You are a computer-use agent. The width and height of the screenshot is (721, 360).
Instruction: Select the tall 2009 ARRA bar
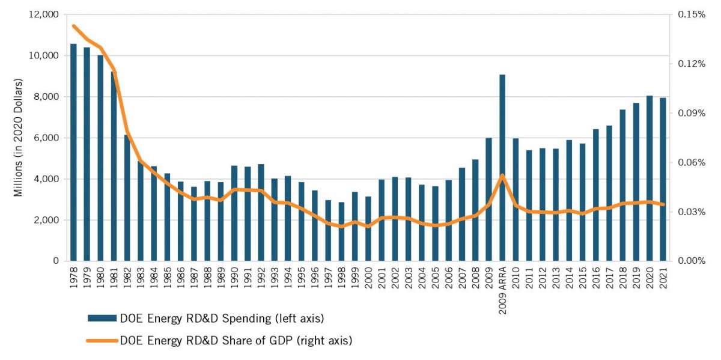[x=502, y=168]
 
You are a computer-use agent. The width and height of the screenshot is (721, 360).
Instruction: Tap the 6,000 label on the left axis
[x=45, y=138]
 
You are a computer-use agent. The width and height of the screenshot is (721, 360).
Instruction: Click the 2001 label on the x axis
[x=382, y=277]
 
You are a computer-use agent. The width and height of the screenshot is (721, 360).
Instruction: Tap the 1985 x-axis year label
[x=167, y=277]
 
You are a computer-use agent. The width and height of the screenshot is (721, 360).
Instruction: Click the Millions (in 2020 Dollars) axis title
[x=18, y=137]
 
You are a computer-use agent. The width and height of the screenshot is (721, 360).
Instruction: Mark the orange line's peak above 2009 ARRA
[x=502, y=175]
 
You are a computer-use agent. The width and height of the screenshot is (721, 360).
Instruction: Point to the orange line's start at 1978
[x=73, y=26]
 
